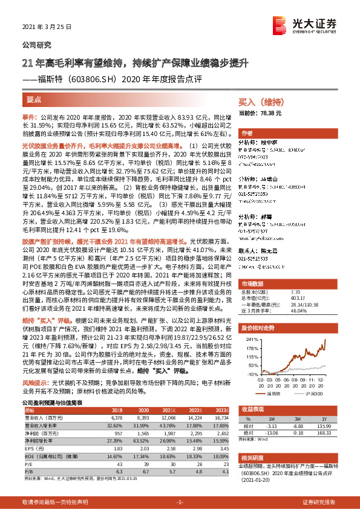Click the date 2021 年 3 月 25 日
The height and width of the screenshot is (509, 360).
pos(47,27)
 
